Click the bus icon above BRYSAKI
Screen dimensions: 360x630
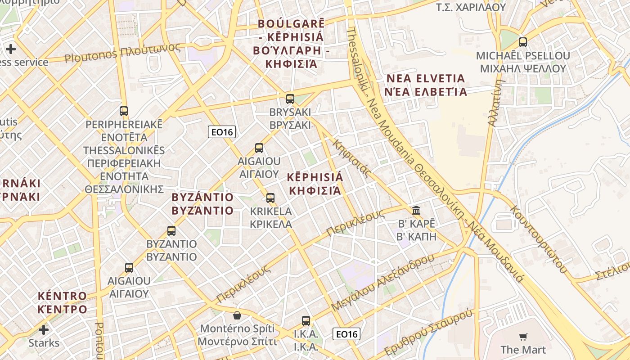point(290,99)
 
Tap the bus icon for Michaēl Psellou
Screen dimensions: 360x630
point(522,42)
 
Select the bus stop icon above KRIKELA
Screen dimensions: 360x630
point(270,198)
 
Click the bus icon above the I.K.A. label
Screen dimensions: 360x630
point(306,321)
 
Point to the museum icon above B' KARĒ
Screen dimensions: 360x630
point(416,210)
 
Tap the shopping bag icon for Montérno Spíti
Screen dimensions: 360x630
point(237,315)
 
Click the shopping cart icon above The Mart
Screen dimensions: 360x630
point(523,337)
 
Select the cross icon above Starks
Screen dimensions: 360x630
point(44,330)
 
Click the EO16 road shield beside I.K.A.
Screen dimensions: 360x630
point(346,334)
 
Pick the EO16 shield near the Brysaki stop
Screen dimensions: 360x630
point(222,132)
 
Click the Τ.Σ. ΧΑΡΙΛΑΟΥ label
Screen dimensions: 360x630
point(471,8)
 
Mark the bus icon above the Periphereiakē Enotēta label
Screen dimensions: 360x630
point(124,111)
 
